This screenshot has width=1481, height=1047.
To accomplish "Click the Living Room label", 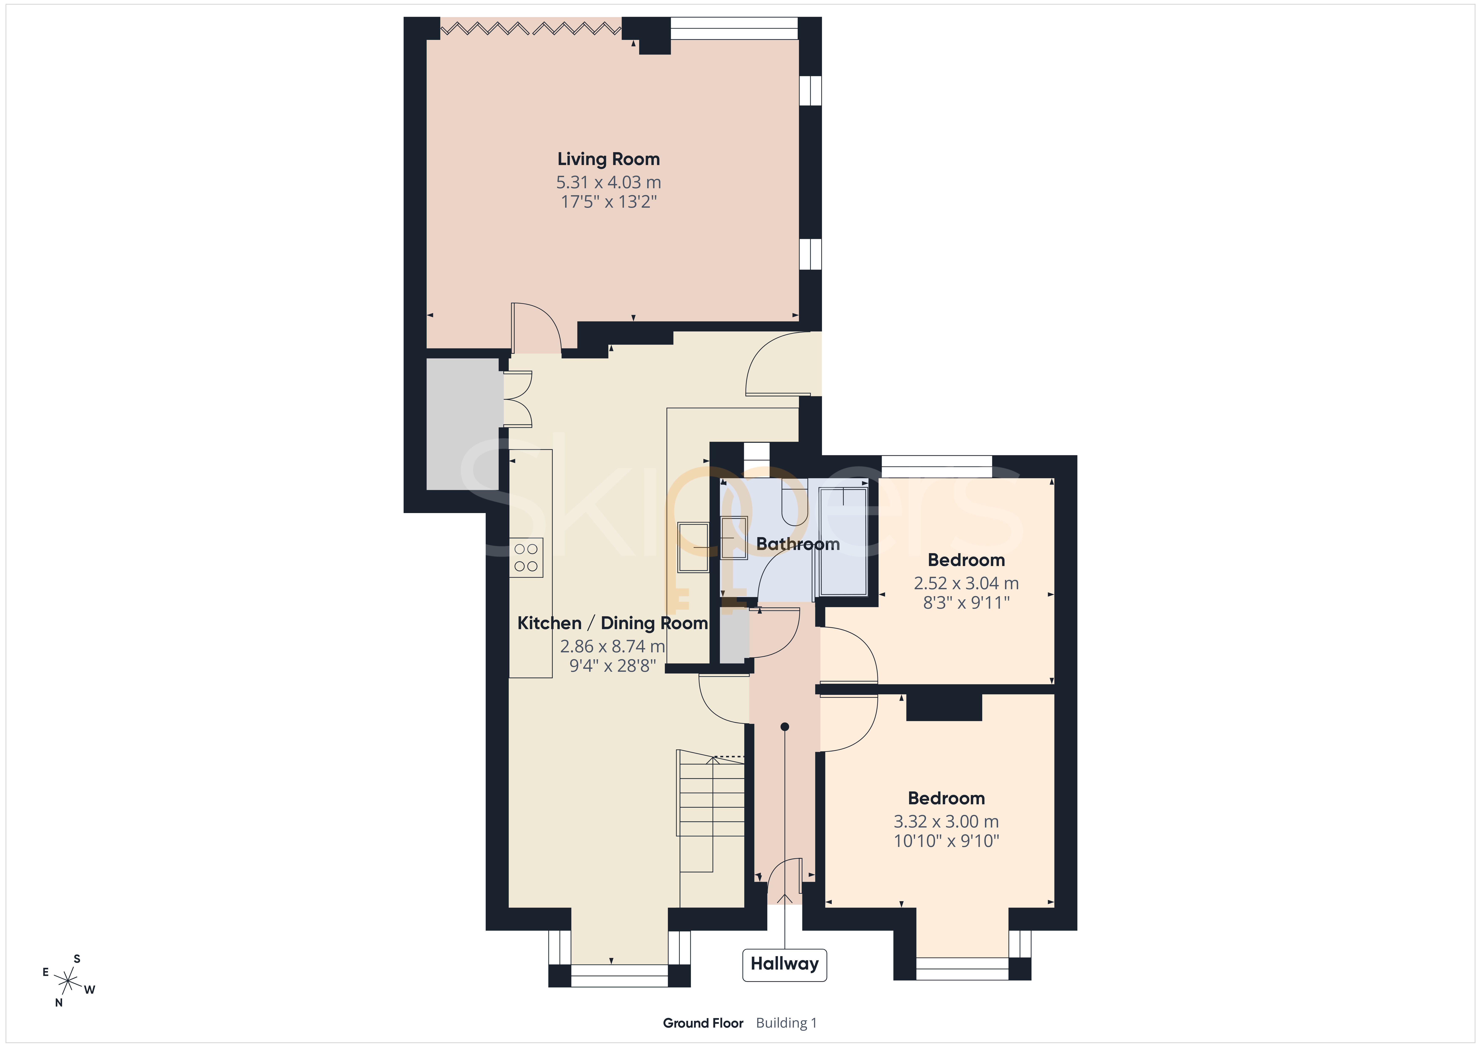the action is (608, 159).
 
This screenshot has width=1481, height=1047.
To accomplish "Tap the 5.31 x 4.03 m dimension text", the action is (608, 183).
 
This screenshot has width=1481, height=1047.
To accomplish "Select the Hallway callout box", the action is (784, 964).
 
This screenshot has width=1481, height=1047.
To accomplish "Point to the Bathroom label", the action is (798, 544).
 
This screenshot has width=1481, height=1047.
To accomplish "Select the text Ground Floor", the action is (703, 1023).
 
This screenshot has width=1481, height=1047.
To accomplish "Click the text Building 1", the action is (786, 1023).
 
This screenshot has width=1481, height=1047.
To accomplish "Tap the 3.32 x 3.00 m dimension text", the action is (946, 822).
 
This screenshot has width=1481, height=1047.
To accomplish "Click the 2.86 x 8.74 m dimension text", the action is (612, 646).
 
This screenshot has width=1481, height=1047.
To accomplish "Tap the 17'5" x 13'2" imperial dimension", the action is (608, 202).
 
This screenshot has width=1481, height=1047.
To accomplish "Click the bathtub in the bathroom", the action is (842, 541).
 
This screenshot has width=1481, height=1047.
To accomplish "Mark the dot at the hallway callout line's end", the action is (784, 727).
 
